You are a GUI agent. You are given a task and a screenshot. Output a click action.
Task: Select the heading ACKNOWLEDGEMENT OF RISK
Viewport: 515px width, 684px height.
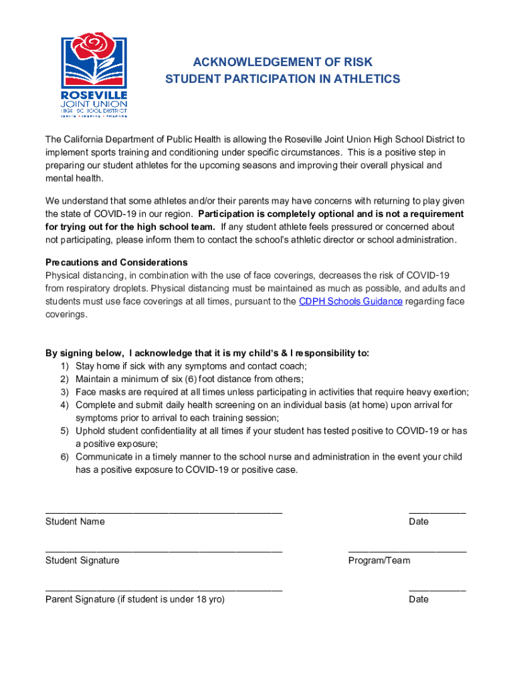[282, 62]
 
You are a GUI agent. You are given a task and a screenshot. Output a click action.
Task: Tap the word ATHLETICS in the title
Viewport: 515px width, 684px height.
[367, 79]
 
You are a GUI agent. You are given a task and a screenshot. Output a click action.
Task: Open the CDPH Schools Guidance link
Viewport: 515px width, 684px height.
[350, 301]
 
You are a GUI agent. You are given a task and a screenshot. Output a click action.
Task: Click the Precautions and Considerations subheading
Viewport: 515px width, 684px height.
[116, 263]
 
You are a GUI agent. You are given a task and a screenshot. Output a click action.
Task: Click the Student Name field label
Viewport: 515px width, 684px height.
[75, 522]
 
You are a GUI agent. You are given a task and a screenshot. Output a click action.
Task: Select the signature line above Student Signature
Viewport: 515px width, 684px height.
[164, 552]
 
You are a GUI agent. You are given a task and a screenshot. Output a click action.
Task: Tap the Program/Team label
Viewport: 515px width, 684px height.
[379, 560]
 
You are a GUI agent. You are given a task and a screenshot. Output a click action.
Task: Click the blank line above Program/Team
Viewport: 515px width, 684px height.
[407, 552]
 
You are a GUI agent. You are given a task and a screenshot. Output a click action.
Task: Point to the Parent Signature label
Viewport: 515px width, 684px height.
[134, 599]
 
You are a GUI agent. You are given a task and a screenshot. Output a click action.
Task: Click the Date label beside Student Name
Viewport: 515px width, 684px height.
[419, 522]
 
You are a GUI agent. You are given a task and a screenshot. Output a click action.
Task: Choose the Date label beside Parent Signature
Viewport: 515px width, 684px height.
[419, 599]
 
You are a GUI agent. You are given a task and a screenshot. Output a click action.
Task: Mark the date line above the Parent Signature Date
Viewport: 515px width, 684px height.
[437, 591]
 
